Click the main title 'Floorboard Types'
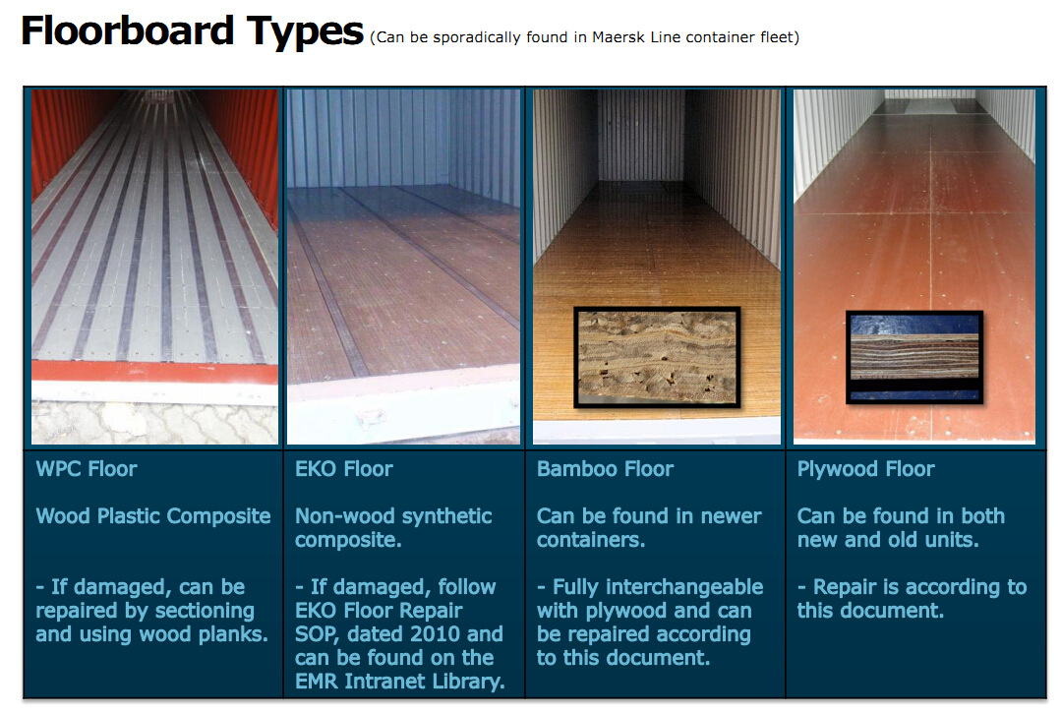192,31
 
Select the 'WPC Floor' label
86,469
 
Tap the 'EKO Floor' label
344,469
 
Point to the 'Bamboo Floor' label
605,469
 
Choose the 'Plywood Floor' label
865,469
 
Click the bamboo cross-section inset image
657,357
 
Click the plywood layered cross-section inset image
914,357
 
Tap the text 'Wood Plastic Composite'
153,516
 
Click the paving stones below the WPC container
154,424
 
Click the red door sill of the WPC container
154,372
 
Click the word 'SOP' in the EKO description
316,634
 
